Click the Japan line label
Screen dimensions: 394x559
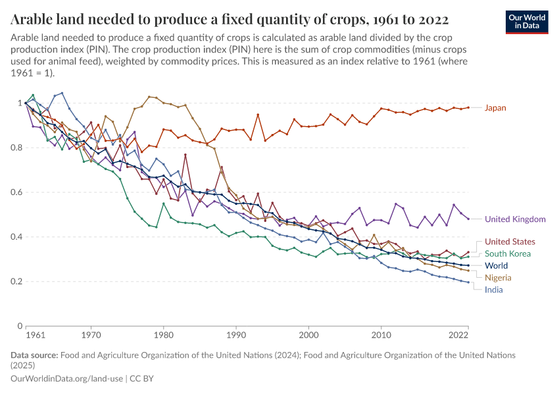(495, 108)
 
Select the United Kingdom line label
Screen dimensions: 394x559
(515, 219)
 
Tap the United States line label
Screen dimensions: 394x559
(510, 242)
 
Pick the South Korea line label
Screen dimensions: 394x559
(507, 253)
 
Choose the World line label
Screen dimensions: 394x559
(497, 266)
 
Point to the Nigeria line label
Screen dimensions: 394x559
(498, 278)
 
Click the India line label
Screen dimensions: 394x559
(493, 290)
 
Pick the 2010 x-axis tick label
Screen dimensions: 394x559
(381, 335)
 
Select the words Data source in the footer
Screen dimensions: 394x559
(34, 355)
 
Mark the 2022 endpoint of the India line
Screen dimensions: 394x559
(468, 282)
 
